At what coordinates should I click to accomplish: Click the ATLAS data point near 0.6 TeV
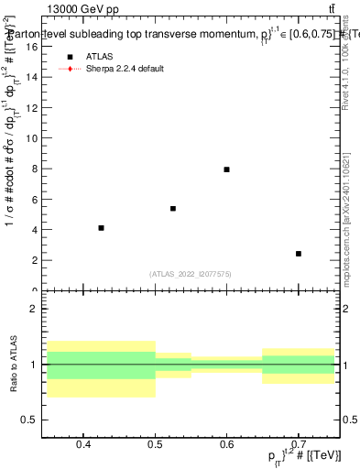tap(226, 169)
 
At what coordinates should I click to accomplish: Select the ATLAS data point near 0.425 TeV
tap(101, 228)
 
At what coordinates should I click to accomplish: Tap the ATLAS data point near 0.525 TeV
tap(173, 209)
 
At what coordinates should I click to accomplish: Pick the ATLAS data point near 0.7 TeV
tap(299, 254)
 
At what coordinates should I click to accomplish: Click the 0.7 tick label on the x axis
tap(299, 445)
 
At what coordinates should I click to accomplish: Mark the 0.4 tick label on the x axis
tap(82, 445)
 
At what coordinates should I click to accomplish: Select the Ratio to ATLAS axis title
tap(11, 365)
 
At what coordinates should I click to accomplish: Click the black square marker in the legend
tap(69, 56)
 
